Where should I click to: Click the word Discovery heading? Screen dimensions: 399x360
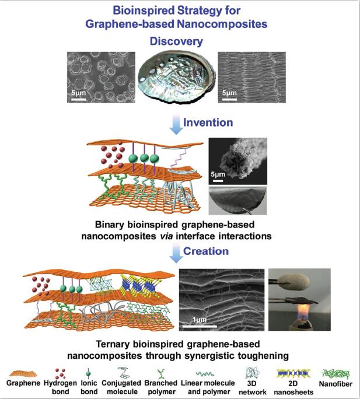click(x=177, y=41)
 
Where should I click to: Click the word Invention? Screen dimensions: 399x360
click(x=208, y=123)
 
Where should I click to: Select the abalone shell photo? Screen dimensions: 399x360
click(x=176, y=78)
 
